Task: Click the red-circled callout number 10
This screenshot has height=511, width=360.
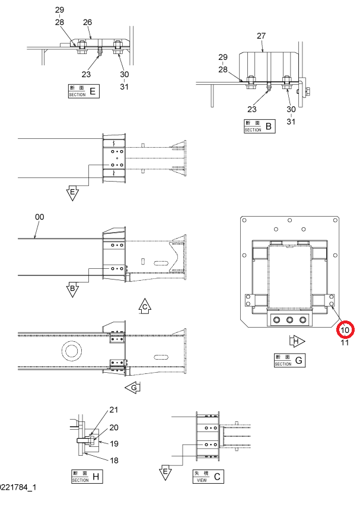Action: (x=345, y=330)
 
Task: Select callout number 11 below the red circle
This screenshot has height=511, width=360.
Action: (x=345, y=342)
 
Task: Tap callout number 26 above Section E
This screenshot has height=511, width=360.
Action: (x=87, y=22)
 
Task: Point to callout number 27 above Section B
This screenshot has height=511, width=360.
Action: (x=262, y=36)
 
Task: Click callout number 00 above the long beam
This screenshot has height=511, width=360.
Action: (x=39, y=217)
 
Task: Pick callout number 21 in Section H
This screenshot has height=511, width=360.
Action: (x=113, y=410)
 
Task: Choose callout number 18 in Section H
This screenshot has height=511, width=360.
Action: (x=114, y=460)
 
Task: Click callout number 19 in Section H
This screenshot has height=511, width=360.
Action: (x=114, y=443)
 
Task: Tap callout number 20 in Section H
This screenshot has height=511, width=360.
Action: (x=114, y=427)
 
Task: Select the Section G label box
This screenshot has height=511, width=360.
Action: (x=289, y=360)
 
